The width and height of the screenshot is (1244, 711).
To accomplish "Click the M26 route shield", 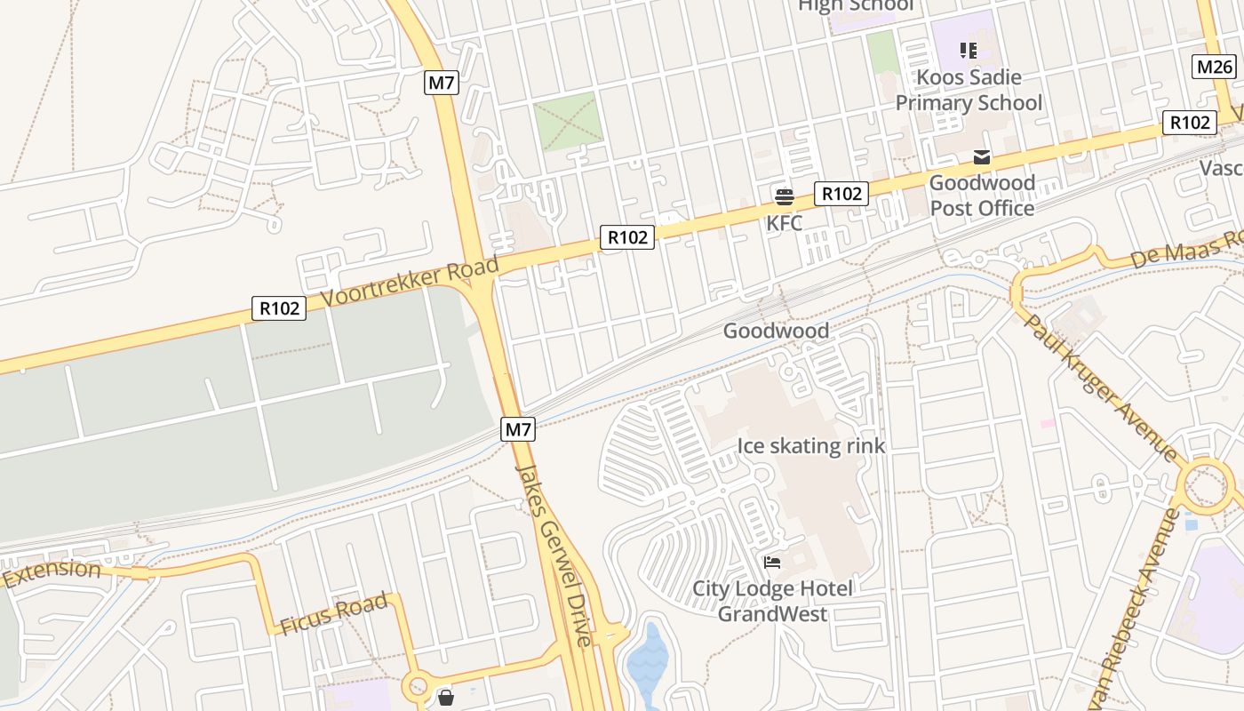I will [x=1214, y=67].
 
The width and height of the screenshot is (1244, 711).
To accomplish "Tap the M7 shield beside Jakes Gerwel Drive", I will [x=519, y=429].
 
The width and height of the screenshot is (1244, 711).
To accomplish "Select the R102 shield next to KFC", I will [x=841, y=194].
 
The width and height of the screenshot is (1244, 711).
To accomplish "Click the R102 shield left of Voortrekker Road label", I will [x=279, y=308].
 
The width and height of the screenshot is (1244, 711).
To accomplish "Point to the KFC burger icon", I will [x=784, y=196].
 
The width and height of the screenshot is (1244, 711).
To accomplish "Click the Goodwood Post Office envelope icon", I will [x=982, y=157].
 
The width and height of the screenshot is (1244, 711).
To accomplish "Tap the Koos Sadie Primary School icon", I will [x=968, y=51].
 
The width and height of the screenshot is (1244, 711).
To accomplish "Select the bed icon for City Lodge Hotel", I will [x=772, y=563].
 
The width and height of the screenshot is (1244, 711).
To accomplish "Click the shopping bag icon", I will [x=446, y=698].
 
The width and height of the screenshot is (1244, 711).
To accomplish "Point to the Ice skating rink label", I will [x=811, y=445].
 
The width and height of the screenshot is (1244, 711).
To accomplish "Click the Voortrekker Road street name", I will [x=410, y=281].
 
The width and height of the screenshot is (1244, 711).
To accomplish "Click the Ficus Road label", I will [x=334, y=613].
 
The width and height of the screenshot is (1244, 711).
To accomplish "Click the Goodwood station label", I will [x=776, y=331].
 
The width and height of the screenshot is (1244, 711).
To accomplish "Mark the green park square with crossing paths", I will [x=568, y=121].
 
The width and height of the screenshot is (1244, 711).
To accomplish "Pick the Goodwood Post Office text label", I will [x=982, y=196].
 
